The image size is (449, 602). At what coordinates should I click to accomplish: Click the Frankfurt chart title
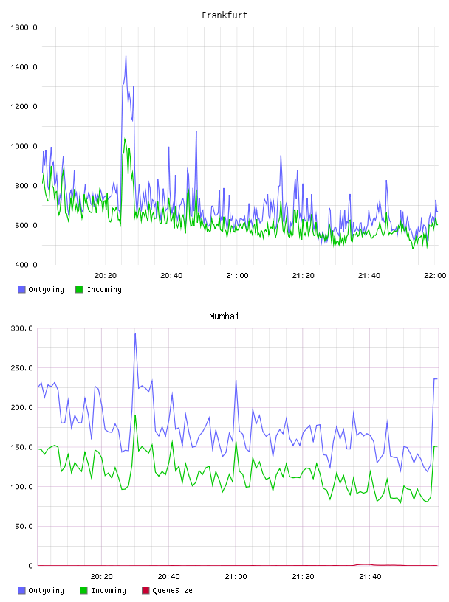[x=224, y=15]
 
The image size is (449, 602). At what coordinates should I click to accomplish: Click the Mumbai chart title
[x=224, y=316]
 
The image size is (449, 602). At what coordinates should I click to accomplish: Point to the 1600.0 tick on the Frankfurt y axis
[x=24, y=27]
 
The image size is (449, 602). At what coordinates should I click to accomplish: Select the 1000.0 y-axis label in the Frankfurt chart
[x=24, y=146]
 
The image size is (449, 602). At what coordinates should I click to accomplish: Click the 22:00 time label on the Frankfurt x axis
[x=435, y=276]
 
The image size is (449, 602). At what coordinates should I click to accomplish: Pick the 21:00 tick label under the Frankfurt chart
[x=237, y=276]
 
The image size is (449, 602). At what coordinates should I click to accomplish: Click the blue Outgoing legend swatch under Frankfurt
[x=21, y=289]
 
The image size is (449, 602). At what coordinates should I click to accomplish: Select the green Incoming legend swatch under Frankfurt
[x=79, y=289]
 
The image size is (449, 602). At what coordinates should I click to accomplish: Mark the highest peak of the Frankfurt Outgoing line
[x=126, y=56]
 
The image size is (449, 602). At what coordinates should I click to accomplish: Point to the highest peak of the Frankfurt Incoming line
[x=125, y=139]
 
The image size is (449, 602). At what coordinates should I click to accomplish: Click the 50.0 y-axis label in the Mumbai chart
[x=24, y=526]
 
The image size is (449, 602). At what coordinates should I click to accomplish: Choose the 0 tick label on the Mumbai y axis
[x=31, y=566]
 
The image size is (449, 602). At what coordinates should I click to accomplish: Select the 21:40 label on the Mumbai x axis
[x=370, y=577]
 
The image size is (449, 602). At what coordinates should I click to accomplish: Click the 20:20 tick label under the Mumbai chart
[x=101, y=577]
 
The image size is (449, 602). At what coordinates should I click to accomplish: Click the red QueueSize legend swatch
[x=145, y=590]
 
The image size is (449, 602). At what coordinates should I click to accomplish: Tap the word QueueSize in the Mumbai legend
[x=172, y=590]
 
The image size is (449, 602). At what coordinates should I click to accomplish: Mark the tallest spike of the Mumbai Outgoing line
[x=135, y=333]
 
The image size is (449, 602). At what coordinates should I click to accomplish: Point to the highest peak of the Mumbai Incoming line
[x=135, y=415]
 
